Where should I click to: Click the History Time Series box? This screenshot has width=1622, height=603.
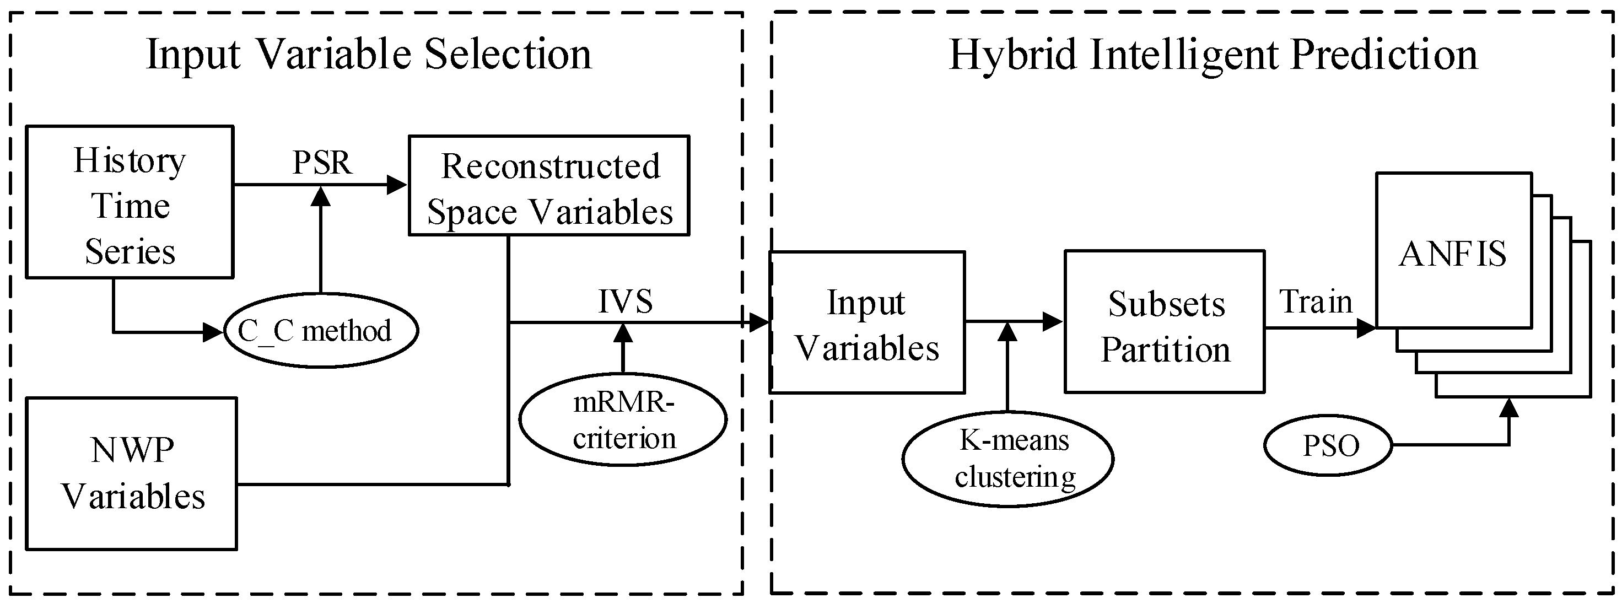[x=130, y=202]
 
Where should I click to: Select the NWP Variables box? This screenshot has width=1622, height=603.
[x=132, y=473]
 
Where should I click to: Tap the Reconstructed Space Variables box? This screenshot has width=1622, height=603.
[x=549, y=186]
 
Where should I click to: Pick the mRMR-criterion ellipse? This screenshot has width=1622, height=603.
[x=623, y=420]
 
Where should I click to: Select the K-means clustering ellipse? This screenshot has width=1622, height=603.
[x=1007, y=459]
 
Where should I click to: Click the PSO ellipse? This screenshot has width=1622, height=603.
[x=1329, y=446]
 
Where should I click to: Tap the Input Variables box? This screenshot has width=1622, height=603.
[x=867, y=323]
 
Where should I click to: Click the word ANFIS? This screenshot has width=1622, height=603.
[x=1453, y=254]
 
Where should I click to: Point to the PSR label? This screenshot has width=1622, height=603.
[x=322, y=163]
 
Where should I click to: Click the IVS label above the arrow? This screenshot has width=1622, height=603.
[x=624, y=301]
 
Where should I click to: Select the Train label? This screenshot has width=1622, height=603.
[x=1316, y=301]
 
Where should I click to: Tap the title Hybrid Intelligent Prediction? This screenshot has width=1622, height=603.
[x=1212, y=54]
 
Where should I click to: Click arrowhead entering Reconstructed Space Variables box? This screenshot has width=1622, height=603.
[x=397, y=185]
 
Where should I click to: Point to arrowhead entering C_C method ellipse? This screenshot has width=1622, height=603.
[x=213, y=332]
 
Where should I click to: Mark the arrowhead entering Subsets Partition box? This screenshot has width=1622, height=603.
[x=1052, y=322]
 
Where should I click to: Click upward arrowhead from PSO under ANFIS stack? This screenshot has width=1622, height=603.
[x=1508, y=408]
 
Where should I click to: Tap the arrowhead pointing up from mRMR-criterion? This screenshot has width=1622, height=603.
[x=623, y=333]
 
